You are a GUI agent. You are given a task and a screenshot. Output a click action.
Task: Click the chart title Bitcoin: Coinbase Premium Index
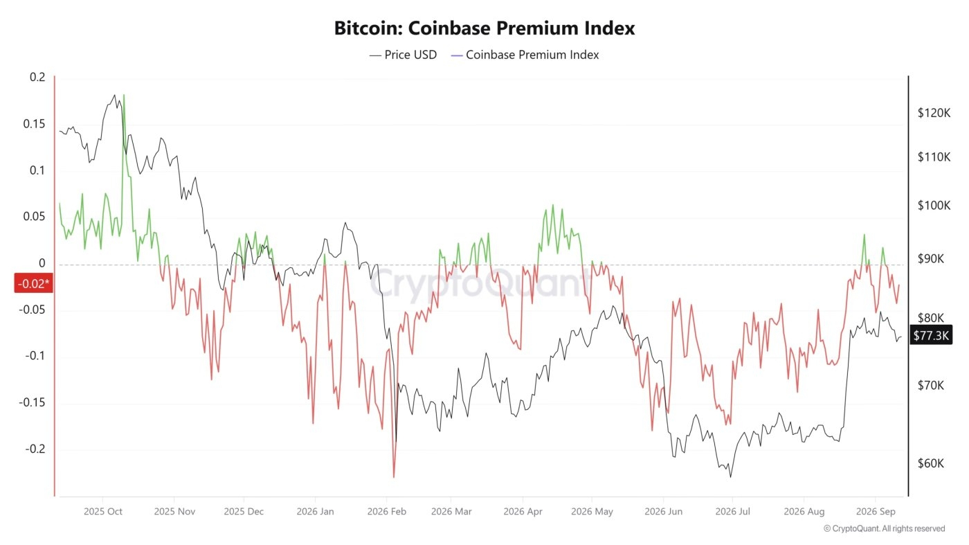[x=484, y=28]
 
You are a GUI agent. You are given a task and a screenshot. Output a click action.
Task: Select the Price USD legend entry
[x=403, y=55]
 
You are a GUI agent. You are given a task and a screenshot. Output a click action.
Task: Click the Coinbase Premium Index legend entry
[x=525, y=55]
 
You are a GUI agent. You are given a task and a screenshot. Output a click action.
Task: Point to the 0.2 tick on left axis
[x=37, y=77]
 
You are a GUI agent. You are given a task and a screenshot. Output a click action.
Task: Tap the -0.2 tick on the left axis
[x=35, y=449]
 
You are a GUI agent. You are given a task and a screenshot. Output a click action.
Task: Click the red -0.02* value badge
[x=33, y=283]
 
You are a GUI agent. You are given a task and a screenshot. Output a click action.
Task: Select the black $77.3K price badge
[x=931, y=335]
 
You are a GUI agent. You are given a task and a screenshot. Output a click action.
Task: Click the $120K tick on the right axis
[x=934, y=113]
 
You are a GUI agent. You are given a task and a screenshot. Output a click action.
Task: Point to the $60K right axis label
[x=931, y=463]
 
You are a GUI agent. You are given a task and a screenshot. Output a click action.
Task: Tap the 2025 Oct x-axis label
[x=103, y=511]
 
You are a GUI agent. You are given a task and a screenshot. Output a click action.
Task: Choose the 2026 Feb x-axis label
[x=387, y=511]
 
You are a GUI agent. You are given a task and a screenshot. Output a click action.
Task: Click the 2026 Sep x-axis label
[x=876, y=511]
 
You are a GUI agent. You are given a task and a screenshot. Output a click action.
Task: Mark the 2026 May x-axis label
[x=592, y=511]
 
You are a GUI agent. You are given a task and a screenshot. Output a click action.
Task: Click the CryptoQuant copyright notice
[x=885, y=528]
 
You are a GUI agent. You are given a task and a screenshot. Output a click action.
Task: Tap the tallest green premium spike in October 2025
[x=124, y=96]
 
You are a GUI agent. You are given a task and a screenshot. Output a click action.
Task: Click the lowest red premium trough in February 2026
[x=394, y=476]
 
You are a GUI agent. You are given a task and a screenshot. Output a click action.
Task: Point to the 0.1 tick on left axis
[x=37, y=170]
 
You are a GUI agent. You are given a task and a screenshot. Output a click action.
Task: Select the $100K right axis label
[x=934, y=205]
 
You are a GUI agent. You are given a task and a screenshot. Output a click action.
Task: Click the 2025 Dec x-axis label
[x=244, y=511]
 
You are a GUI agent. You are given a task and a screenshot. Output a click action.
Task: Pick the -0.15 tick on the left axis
[x=32, y=402]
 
